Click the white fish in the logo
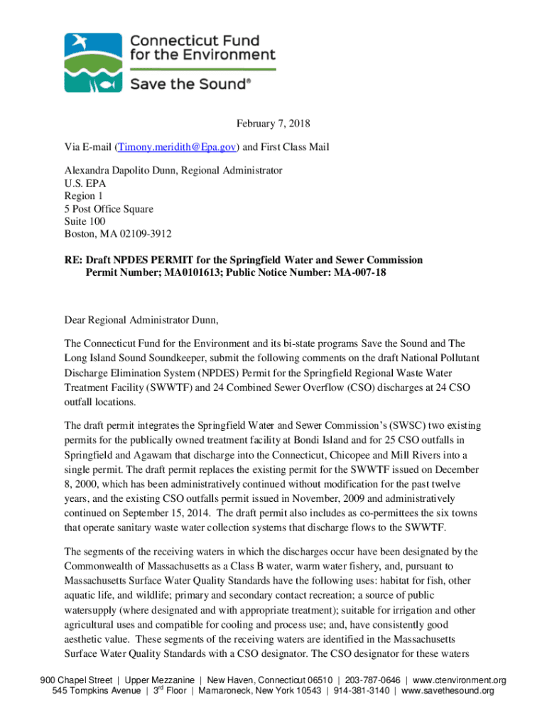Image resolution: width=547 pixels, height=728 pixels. tap(107, 83)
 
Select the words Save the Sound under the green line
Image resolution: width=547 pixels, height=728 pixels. tap(190, 84)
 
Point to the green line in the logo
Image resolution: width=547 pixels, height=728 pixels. tap(202, 69)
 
